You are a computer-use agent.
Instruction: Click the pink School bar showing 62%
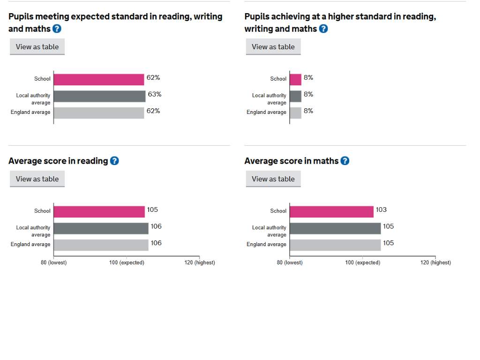pyautogui.click(x=99, y=80)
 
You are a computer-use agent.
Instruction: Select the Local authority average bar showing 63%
pyautogui.click(x=99, y=96)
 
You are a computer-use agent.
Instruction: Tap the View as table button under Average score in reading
pyautogui.click(x=37, y=179)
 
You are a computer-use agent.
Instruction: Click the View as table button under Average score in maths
pyautogui.click(x=273, y=179)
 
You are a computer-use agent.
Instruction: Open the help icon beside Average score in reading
pyautogui.click(x=114, y=161)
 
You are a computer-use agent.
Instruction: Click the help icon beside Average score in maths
pyautogui.click(x=345, y=161)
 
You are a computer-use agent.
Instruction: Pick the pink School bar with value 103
pyautogui.click(x=331, y=212)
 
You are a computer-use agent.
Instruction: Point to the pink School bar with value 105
pyautogui.click(x=99, y=212)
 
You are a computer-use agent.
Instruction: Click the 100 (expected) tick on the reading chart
pyautogui.click(x=127, y=262)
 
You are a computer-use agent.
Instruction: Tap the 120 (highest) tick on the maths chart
pyautogui.click(x=435, y=262)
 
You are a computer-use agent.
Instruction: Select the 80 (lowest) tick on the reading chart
pyautogui.click(x=54, y=262)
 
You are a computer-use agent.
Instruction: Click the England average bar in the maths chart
pyautogui.click(x=335, y=245)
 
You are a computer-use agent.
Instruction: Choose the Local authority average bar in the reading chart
pyautogui.click(x=101, y=228)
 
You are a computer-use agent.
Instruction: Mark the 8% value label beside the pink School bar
pyautogui.click(x=308, y=78)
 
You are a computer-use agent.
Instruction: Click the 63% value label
pyautogui.click(x=155, y=94)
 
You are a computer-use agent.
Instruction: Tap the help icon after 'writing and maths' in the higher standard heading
pyautogui.click(x=323, y=29)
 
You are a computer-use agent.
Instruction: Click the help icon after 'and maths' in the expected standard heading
pyautogui.click(x=57, y=29)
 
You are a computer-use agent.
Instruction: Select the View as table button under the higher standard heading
pyautogui.click(x=273, y=46)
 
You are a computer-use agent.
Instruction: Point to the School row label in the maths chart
pyautogui.click(x=278, y=211)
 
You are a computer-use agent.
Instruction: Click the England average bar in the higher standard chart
pyautogui.click(x=295, y=113)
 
